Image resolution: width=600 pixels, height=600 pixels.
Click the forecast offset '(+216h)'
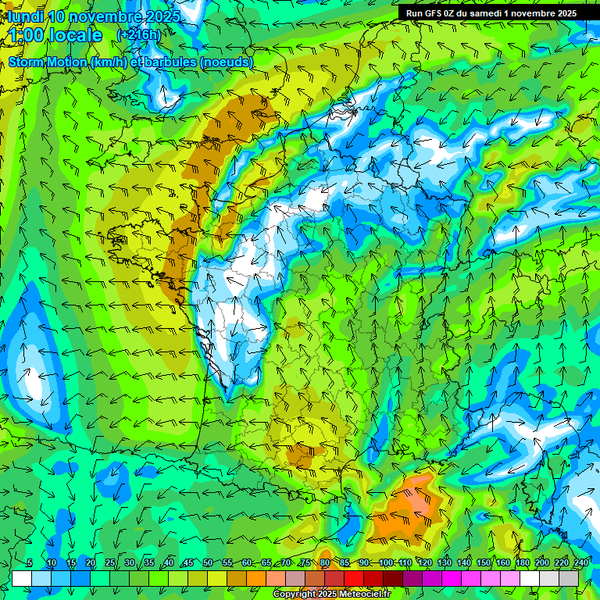pyautogui.click(x=138, y=34)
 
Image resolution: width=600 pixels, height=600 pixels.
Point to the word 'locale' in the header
pyautogui.click(x=76, y=35)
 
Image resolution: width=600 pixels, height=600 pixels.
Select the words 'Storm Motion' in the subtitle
pyautogui.click(x=46, y=62)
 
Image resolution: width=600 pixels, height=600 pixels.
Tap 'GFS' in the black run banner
pyautogui.click(x=438, y=13)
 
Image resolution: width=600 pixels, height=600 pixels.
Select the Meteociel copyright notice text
pyautogui.click(x=332, y=595)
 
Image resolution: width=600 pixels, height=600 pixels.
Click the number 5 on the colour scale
pyautogui.click(x=30, y=563)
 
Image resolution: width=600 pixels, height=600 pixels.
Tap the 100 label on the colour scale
pyautogui.click(x=385, y=563)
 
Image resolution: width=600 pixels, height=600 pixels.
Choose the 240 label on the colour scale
pyautogui.click(x=581, y=563)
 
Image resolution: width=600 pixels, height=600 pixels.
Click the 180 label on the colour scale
pyautogui.click(x=522, y=563)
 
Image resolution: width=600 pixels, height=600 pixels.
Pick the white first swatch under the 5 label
pyautogui.click(x=22, y=578)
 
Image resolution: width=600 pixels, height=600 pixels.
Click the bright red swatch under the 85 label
pyautogui.click(x=354, y=578)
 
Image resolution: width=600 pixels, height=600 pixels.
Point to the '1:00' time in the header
pyautogui.click(x=27, y=35)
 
